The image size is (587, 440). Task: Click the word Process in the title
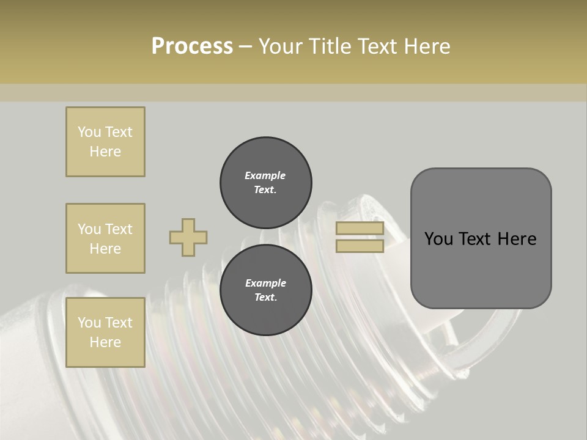pos(192,46)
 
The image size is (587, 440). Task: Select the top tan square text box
pos(105,142)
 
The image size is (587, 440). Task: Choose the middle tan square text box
pos(105,238)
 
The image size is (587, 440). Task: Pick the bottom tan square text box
pos(105,332)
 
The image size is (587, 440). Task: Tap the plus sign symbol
pos(188,238)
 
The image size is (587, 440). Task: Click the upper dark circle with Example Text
pos(265,183)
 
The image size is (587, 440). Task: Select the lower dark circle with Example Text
pos(265,290)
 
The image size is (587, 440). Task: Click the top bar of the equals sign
pos(360,229)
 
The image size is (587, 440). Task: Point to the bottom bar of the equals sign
pos(360,246)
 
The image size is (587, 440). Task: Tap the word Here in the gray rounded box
pos(517,239)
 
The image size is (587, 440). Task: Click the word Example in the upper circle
pos(265,175)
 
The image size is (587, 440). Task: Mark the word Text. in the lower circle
pos(265,298)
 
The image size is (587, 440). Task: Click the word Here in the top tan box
pos(105,152)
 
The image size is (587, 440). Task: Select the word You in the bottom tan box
pos(89,323)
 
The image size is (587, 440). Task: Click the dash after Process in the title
pos(245,46)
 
